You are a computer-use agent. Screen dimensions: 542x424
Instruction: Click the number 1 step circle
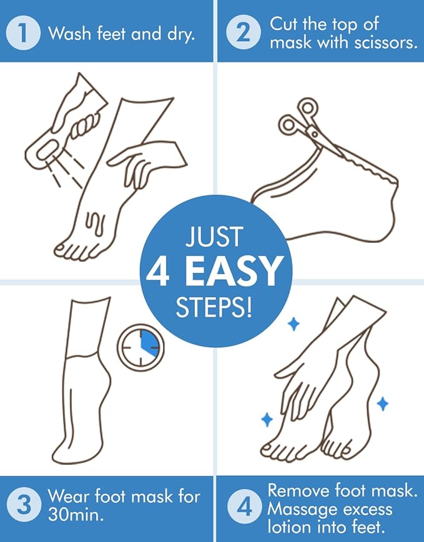point(22,32)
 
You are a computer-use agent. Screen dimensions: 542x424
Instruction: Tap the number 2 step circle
point(241,32)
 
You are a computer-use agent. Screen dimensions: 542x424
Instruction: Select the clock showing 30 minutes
point(141,347)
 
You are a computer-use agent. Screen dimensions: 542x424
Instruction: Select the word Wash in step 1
point(69,33)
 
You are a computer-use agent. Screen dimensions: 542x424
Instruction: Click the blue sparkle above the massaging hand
point(292,322)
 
